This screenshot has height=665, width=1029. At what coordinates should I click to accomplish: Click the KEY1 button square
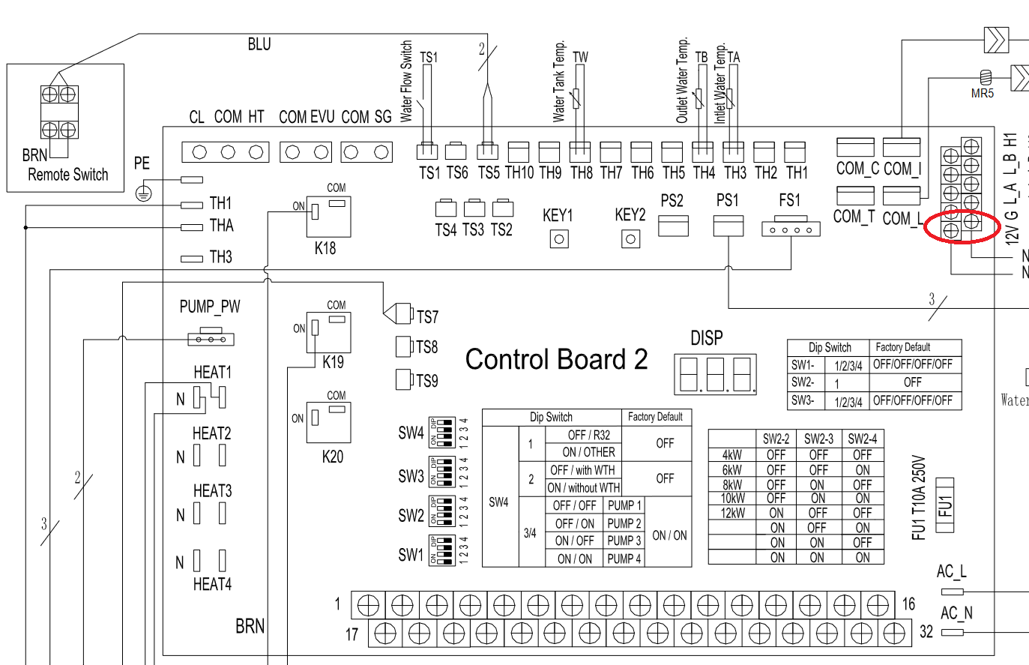tap(558, 239)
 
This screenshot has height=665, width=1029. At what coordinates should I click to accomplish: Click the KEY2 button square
tap(631, 239)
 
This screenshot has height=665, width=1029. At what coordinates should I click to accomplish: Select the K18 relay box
tap(328, 217)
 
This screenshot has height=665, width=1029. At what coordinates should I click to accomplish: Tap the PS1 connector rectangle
tap(728, 226)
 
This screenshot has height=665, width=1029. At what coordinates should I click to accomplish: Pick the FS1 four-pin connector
tap(791, 228)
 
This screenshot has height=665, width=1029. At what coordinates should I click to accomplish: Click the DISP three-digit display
tap(714, 373)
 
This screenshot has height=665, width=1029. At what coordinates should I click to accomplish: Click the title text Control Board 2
tap(556, 360)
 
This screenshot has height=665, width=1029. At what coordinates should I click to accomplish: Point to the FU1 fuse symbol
tap(946, 505)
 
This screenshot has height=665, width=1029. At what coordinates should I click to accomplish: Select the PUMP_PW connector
tap(211, 338)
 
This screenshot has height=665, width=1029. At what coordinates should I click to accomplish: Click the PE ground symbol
tap(143, 193)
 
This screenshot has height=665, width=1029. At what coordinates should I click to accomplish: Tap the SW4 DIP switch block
tap(442, 433)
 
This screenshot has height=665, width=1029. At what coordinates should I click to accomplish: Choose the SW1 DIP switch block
tap(442, 550)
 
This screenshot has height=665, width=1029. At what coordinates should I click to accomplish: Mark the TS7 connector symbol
tap(398, 313)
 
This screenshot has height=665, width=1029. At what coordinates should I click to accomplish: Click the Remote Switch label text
tap(68, 175)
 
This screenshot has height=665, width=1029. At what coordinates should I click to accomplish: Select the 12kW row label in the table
tap(732, 514)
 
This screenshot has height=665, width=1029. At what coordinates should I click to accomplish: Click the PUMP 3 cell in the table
tap(624, 541)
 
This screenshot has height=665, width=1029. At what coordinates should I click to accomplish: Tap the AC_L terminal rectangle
tap(952, 592)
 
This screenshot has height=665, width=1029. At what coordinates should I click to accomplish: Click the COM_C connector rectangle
tap(855, 147)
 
